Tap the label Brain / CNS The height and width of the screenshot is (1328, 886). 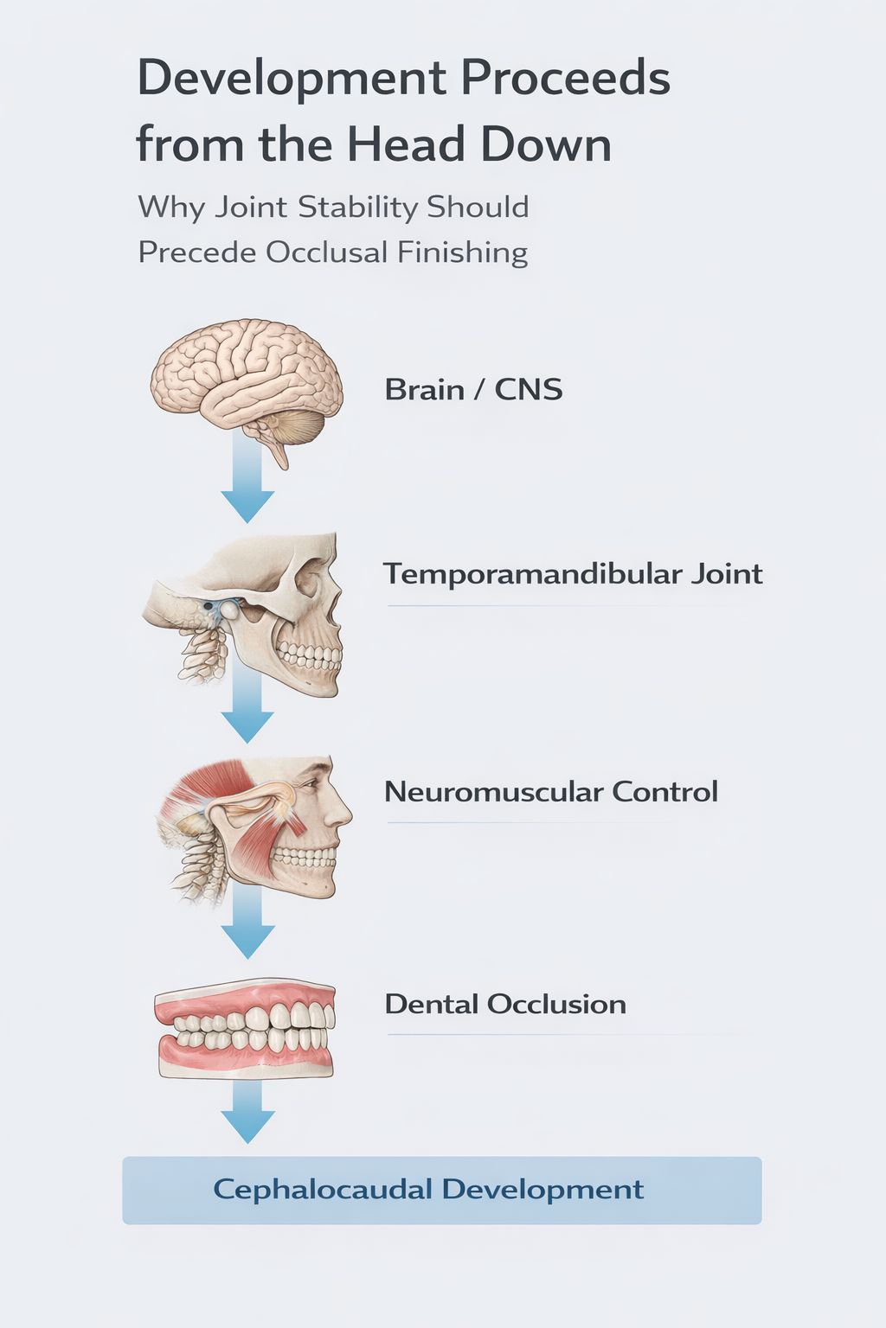pyautogui.click(x=473, y=390)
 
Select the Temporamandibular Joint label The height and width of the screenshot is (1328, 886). pyautogui.click(x=573, y=574)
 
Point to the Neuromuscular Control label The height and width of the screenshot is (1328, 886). pyautogui.click(x=550, y=792)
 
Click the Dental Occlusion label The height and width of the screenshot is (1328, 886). pyautogui.click(x=505, y=1005)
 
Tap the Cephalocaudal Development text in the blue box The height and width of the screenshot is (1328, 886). pyautogui.click(x=428, y=1190)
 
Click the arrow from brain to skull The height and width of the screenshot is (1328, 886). pyautogui.click(x=247, y=484)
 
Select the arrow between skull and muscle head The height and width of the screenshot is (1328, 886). pyautogui.click(x=247, y=709)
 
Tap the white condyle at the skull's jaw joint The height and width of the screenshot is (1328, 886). pyautogui.click(x=229, y=610)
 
